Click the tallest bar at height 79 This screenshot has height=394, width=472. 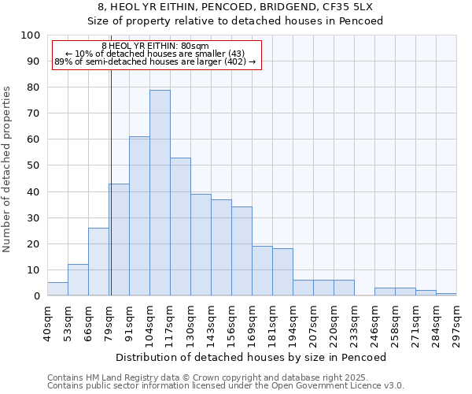pos(160,193)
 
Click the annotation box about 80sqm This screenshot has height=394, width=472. pos(155,54)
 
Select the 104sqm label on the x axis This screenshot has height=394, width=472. pos(149,322)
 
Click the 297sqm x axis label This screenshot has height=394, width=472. pos(456,322)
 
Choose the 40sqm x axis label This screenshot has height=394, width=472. pos(47,322)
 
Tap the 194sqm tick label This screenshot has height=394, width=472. pos(293,322)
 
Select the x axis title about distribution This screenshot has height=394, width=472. pos(251,357)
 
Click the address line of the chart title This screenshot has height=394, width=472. pos(235,6)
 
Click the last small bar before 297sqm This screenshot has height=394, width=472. pos(446,294)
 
